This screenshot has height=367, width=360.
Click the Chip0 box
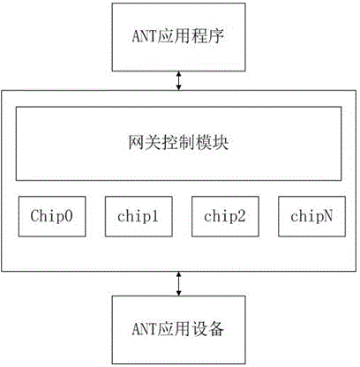click(52, 216)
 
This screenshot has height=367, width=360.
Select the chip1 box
click(139, 216)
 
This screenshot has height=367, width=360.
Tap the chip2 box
click(225, 216)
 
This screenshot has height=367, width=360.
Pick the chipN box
click(311, 216)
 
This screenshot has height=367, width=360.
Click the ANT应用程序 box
click(178, 37)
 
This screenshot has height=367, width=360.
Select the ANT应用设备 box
click(178, 330)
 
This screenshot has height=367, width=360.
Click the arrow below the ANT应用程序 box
click(178, 81)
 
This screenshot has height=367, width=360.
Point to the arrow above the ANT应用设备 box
click(178, 283)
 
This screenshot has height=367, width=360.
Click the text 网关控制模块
click(178, 143)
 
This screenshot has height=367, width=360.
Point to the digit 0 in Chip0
click(69, 215)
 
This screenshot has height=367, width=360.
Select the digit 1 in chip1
click(154, 216)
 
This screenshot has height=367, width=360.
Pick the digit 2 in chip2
click(241, 216)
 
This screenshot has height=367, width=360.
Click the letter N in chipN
click(328, 216)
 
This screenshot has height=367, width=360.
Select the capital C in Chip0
click(34, 215)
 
